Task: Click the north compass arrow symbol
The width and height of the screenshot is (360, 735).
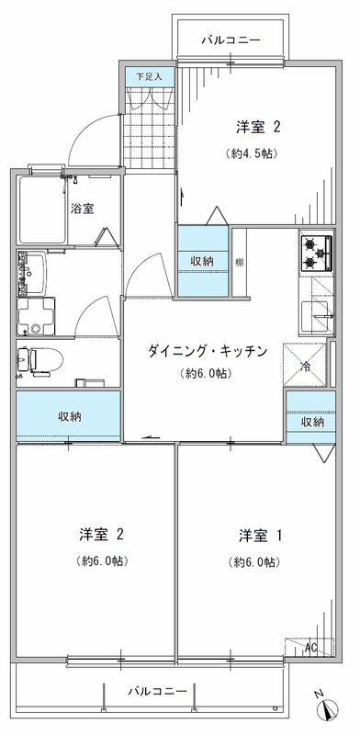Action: coord(329,709)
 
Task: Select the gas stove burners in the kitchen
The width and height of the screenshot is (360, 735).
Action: coord(316,254)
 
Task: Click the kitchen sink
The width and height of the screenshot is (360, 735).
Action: coord(315,317)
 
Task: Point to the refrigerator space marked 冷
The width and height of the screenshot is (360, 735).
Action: coord(304,365)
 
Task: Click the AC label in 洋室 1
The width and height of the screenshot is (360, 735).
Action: coord(309,649)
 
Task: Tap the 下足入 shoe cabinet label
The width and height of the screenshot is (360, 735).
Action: coord(149,77)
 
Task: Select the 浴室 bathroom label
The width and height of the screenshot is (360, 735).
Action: coord(82,209)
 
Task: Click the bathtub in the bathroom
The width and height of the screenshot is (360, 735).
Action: coord(42,209)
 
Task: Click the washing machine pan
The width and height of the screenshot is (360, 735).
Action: coord(36,316)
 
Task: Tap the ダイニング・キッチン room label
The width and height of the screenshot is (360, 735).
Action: coord(208,351)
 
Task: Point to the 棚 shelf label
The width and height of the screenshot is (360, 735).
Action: coord(239,262)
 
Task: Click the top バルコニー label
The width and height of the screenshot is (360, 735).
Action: coord(231,40)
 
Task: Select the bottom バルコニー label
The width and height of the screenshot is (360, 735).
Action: coord(158,691)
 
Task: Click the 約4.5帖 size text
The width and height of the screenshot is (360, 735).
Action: coord(250,153)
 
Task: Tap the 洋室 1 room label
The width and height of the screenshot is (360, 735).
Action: coord(259,536)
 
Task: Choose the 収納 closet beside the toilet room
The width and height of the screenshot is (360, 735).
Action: coord(69,416)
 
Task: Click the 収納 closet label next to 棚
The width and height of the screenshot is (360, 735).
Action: coord(202,262)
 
